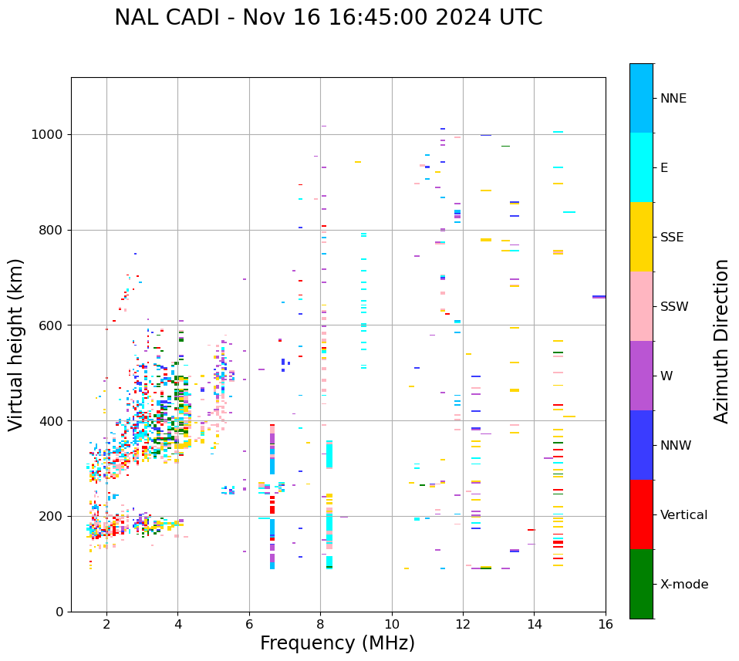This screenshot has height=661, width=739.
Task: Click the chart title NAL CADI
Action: click(328, 18)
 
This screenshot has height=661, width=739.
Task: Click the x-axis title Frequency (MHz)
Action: click(337, 643)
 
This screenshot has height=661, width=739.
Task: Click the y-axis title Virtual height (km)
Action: click(16, 344)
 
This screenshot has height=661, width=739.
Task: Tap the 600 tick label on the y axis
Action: click(52, 325)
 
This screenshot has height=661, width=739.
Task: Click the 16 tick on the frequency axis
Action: click(606, 623)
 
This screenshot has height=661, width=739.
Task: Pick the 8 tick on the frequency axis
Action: click(320, 623)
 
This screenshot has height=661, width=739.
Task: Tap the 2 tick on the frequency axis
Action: click(106, 623)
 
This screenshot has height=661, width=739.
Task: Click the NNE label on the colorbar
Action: click(673, 99)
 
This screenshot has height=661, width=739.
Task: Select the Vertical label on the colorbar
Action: click(683, 515)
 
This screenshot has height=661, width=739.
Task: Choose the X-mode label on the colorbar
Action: click(684, 585)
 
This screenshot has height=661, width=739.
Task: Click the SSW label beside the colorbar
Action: click(674, 307)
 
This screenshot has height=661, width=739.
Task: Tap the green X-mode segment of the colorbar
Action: click(641, 584)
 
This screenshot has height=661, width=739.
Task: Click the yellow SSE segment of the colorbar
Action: click(641, 237)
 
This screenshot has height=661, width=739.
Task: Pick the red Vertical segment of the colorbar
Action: click(641, 514)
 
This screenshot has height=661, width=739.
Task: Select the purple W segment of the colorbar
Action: click(641, 376)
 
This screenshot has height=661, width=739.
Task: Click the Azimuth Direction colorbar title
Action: click(722, 341)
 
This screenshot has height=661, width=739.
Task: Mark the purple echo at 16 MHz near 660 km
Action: click(599, 296)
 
